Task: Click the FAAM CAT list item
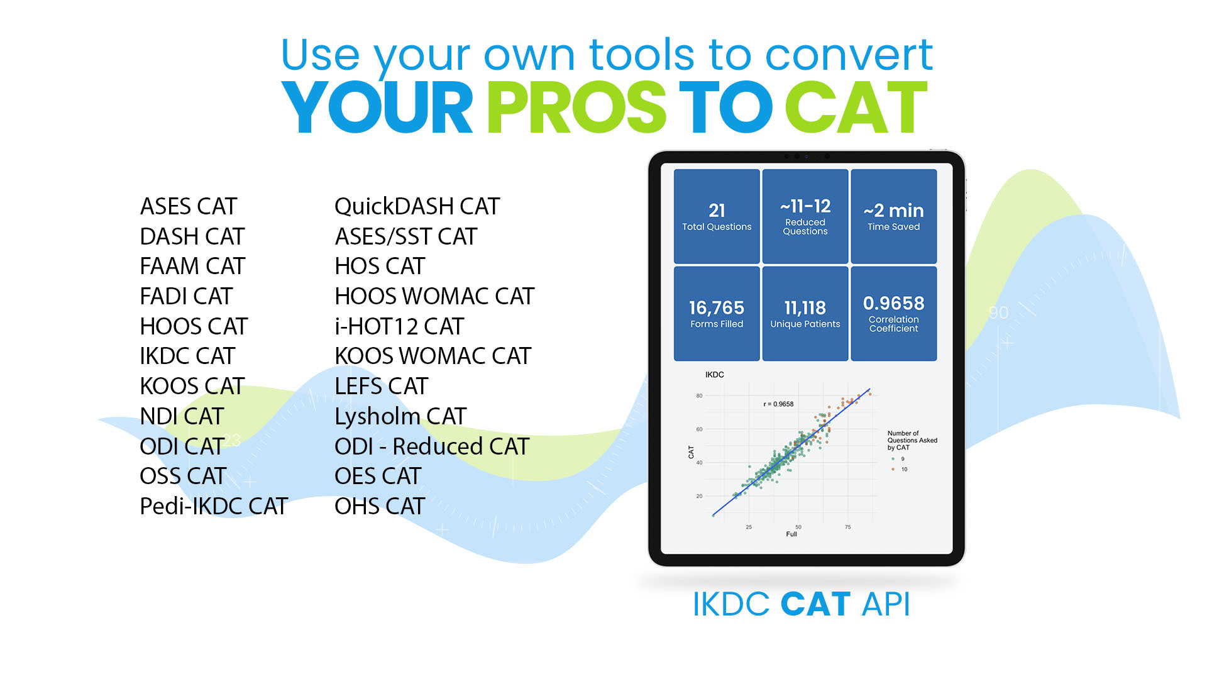click(192, 266)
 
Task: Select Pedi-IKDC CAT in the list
click(214, 506)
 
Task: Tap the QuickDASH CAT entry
click(417, 206)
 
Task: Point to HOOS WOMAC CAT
click(434, 296)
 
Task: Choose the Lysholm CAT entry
click(400, 417)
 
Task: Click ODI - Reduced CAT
click(432, 446)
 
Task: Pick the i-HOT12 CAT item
click(399, 326)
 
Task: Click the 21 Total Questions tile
click(717, 216)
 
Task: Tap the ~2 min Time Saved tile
click(893, 216)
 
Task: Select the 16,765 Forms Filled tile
click(717, 314)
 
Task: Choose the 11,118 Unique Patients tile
click(805, 314)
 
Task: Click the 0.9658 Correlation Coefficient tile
click(893, 314)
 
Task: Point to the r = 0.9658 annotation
click(778, 404)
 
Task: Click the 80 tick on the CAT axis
click(699, 396)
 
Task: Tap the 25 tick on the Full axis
click(749, 527)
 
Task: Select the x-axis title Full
click(791, 534)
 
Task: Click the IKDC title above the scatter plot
click(715, 375)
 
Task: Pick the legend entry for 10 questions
click(900, 469)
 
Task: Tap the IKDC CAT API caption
click(802, 604)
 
